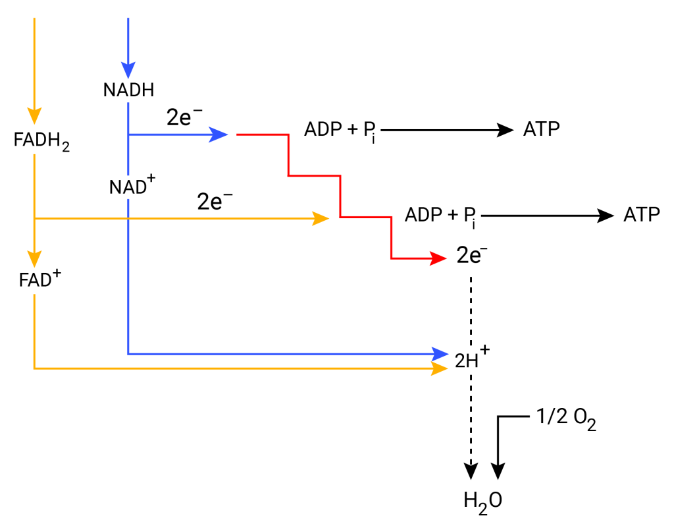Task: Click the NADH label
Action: pos(129,90)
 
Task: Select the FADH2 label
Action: pos(41,140)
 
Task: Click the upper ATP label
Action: pos(542,129)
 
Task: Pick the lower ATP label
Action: pos(641,215)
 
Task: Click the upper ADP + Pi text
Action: pos(340,130)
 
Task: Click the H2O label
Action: pos(482,500)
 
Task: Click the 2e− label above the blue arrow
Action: pos(185,118)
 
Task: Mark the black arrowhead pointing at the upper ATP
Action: pos(505,130)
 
